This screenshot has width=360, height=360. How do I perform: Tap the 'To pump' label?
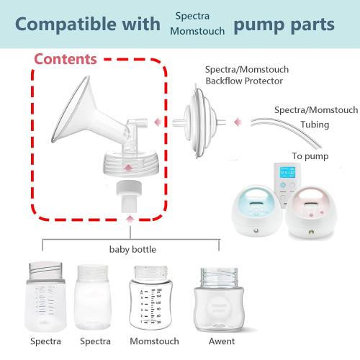pyautogui.click(x=307, y=155)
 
